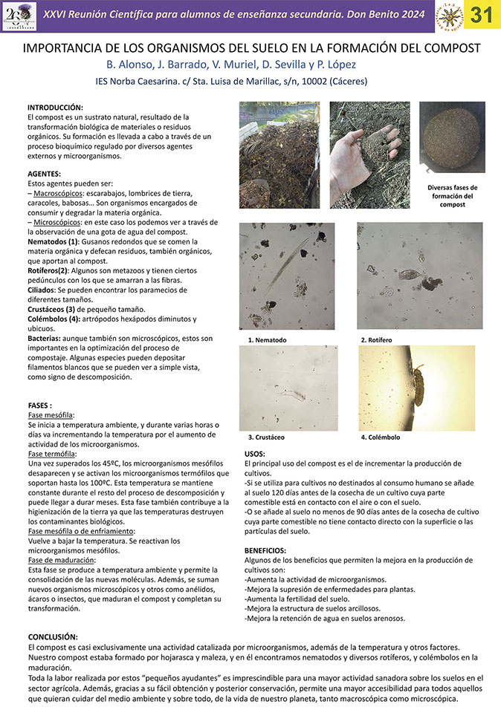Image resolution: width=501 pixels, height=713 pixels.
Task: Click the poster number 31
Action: (x=482, y=16)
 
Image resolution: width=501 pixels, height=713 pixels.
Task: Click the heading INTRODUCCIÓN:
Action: (x=60, y=108)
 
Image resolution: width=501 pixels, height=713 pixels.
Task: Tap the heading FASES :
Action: (x=40, y=406)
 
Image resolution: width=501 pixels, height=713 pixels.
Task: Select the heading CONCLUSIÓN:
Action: (x=53, y=637)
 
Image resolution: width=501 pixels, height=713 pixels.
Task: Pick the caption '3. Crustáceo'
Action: (x=266, y=437)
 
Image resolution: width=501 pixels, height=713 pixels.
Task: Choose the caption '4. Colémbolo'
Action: (x=381, y=437)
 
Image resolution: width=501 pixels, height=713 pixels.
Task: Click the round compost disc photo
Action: (x=452, y=137)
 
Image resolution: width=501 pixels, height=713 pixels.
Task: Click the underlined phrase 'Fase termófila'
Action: (x=52, y=454)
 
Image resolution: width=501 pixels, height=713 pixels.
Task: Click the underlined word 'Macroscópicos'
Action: (x=61, y=193)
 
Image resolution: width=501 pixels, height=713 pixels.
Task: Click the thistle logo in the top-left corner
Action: (x=19, y=16)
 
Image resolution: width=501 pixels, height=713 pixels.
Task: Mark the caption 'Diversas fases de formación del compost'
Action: (x=453, y=196)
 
